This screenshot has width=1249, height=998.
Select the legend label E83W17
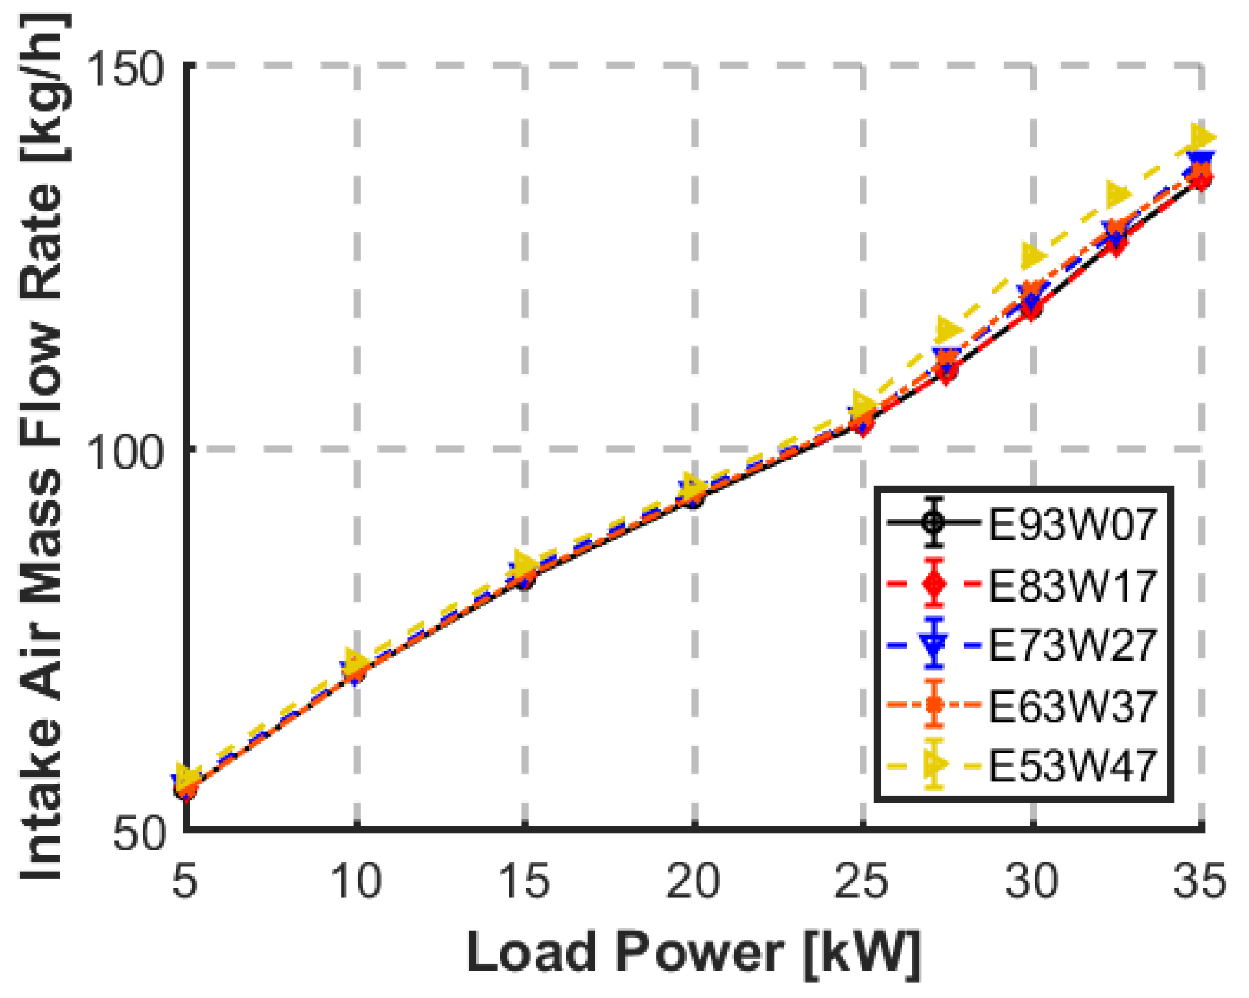1072,585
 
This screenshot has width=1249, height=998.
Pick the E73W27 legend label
1072,645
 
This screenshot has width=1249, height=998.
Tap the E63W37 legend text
1072,706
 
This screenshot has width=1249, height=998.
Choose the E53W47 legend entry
1072,766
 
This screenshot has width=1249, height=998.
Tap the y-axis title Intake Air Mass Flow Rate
41,446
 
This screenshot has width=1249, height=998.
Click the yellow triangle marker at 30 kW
1033,256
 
